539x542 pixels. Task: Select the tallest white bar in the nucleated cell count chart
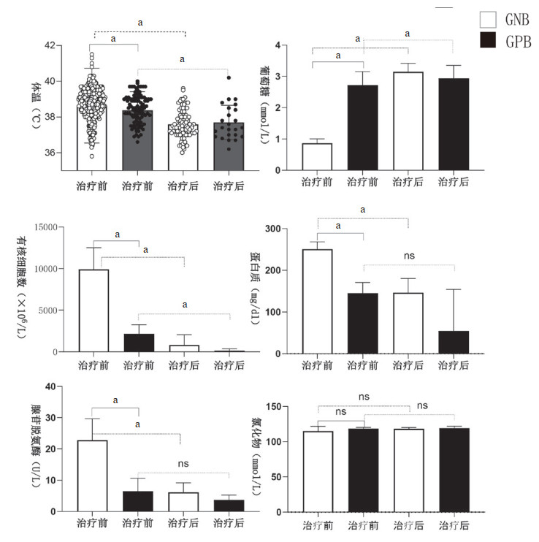(93, 310)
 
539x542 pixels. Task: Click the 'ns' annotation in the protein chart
(409, 256)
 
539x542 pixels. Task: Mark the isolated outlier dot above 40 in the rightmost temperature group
(229, 77)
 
